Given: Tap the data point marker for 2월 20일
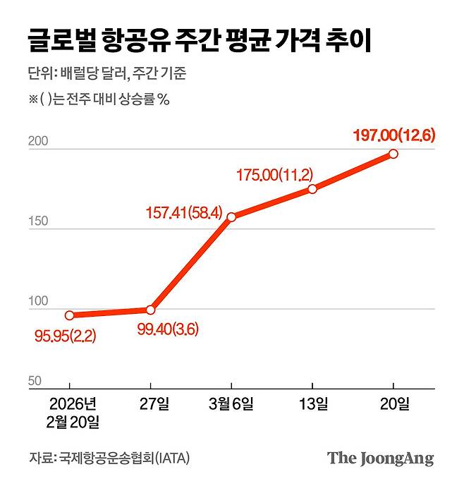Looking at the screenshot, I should coord(69,315).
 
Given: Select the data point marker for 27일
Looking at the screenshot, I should coord(150,310).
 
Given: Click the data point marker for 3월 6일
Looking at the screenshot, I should coord(231,217).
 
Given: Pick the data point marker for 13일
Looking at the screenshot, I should coord(312,188).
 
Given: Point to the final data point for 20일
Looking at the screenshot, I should coord(393,154).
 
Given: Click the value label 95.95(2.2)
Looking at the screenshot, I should coord(65,336).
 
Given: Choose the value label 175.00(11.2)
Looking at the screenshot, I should coord(274,175).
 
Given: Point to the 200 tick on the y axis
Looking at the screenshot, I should coord(38,141).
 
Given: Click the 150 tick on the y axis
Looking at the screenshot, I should coord(38,221).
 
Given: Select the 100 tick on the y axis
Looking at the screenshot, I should coord(38,301).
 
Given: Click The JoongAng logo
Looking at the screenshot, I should coord(380,458).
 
